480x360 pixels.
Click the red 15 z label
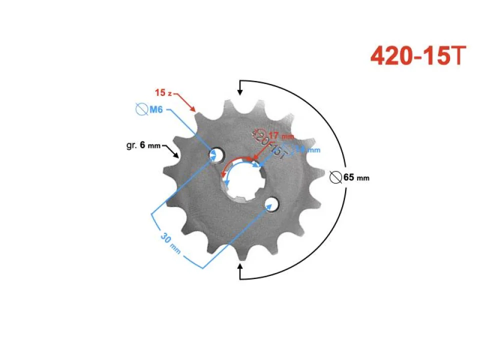point(163,93)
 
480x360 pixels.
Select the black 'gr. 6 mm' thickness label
point(143,145)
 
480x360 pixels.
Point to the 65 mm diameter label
point(356,177)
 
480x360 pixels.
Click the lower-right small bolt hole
point(272,203)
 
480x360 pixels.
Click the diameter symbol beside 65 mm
point(336,177)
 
